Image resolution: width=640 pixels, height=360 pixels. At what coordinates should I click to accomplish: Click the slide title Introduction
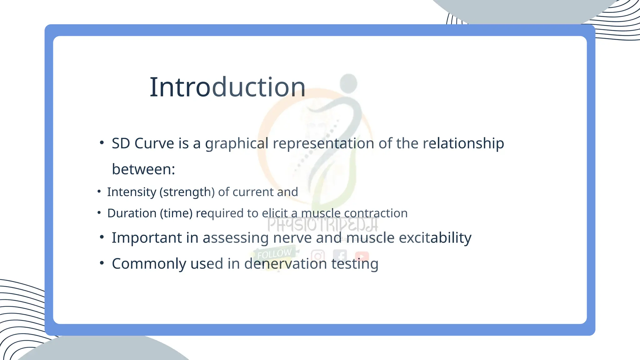point(227,87)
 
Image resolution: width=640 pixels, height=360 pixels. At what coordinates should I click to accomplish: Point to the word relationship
point(463,143)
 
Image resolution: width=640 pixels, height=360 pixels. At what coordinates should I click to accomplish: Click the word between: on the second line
point(143,169)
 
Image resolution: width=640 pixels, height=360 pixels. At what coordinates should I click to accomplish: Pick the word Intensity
point(132,192)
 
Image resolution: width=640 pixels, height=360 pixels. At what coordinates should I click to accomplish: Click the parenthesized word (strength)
point(187,192)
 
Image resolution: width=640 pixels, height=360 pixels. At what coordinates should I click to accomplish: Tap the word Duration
point(132,213)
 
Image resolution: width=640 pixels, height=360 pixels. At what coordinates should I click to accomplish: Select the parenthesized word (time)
point(176,213)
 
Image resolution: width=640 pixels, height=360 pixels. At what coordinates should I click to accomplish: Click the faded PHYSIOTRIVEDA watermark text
point(322,224)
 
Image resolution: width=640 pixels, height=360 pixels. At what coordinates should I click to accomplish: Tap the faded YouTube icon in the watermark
point(362,256)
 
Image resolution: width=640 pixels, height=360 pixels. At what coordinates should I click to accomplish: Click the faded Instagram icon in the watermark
point(318,256)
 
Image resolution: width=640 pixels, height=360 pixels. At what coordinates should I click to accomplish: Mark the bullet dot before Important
point(102,237)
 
